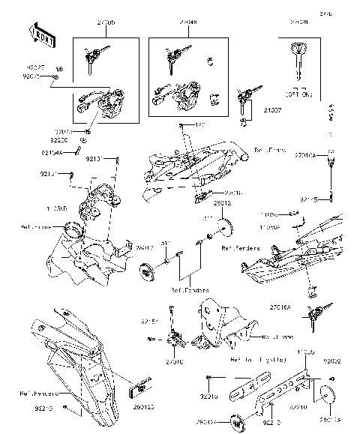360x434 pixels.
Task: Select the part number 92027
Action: point(37,67)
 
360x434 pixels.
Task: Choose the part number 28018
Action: point(223,203)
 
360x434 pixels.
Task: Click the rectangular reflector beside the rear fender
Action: point(140,391)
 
